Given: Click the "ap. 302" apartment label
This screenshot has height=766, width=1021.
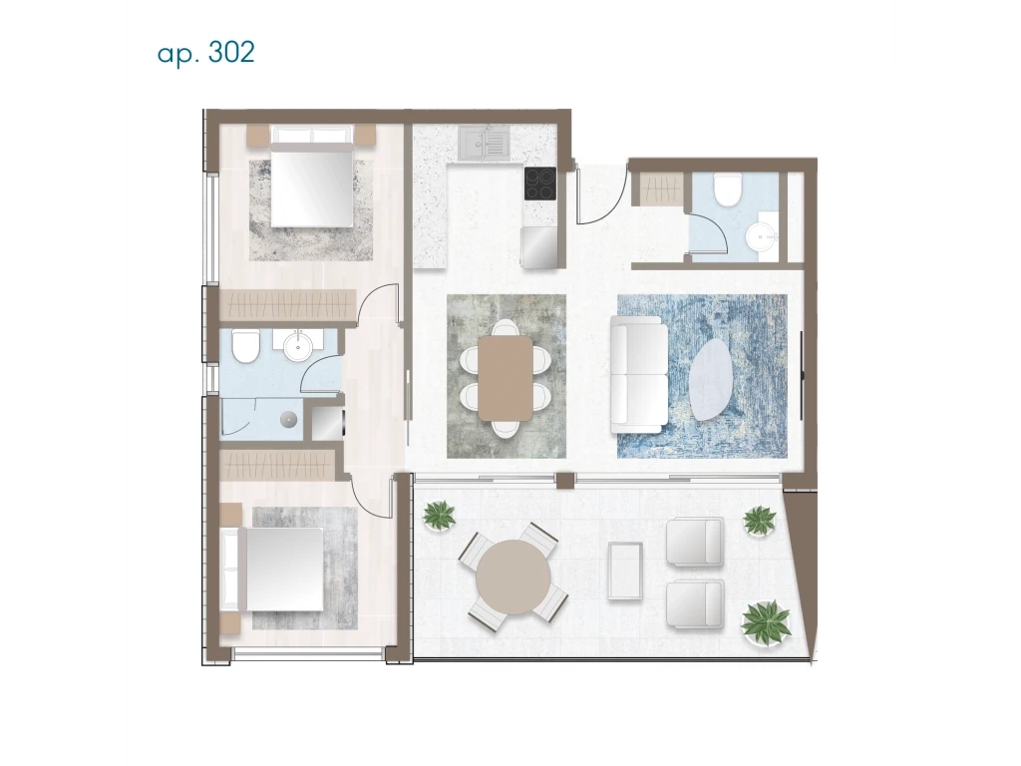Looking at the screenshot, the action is coord(205,53).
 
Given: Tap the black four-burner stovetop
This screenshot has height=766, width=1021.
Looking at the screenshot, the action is coord(540,184).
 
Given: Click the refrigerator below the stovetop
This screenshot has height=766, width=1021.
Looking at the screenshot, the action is coord(539,247).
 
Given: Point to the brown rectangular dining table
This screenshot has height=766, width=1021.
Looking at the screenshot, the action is coord(506,378).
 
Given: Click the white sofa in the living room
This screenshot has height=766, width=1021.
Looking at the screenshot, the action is coord(639,375).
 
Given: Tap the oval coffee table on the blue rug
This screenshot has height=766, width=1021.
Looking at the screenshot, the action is coord(712,379).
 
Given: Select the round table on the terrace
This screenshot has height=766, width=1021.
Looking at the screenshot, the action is coord(513,577).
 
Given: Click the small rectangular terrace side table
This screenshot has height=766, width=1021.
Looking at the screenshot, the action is coord(625,571).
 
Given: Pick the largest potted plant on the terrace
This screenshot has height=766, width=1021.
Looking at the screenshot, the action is coord(767,622).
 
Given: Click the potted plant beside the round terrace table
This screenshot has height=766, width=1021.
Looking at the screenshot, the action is coord(440,516).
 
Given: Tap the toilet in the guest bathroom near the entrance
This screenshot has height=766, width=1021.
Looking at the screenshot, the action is coord(727,189).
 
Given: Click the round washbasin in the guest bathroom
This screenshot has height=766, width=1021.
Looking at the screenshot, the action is coord(761,234).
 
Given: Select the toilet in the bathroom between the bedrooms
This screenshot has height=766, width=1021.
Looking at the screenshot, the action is coord(246,346).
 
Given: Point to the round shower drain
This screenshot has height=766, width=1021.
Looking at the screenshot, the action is coord(288,419).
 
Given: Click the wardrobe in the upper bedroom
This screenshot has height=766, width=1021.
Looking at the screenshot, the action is coord(288,305).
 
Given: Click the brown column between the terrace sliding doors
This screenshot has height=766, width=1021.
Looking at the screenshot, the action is coord(565,481).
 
